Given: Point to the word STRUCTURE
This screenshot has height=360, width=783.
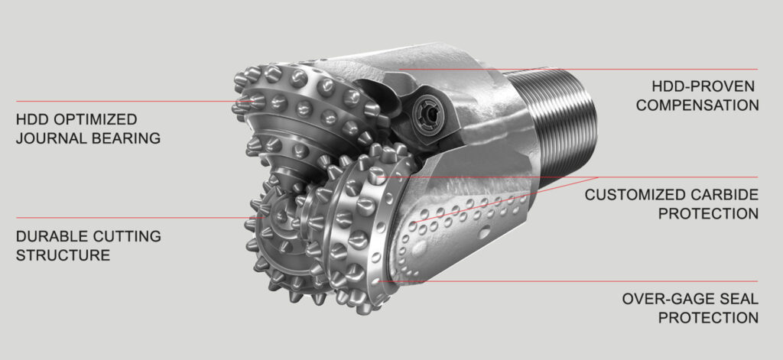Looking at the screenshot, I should (x=63, y=255).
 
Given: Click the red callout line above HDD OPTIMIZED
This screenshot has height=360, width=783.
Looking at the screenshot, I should (x=115, y=101).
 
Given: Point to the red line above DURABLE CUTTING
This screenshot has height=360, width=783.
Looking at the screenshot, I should (x=115, y=218).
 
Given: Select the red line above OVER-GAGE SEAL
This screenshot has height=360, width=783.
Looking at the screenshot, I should (x=612, y=281).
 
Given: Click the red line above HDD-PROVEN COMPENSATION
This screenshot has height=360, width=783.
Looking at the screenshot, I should (x=612, y=70).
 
